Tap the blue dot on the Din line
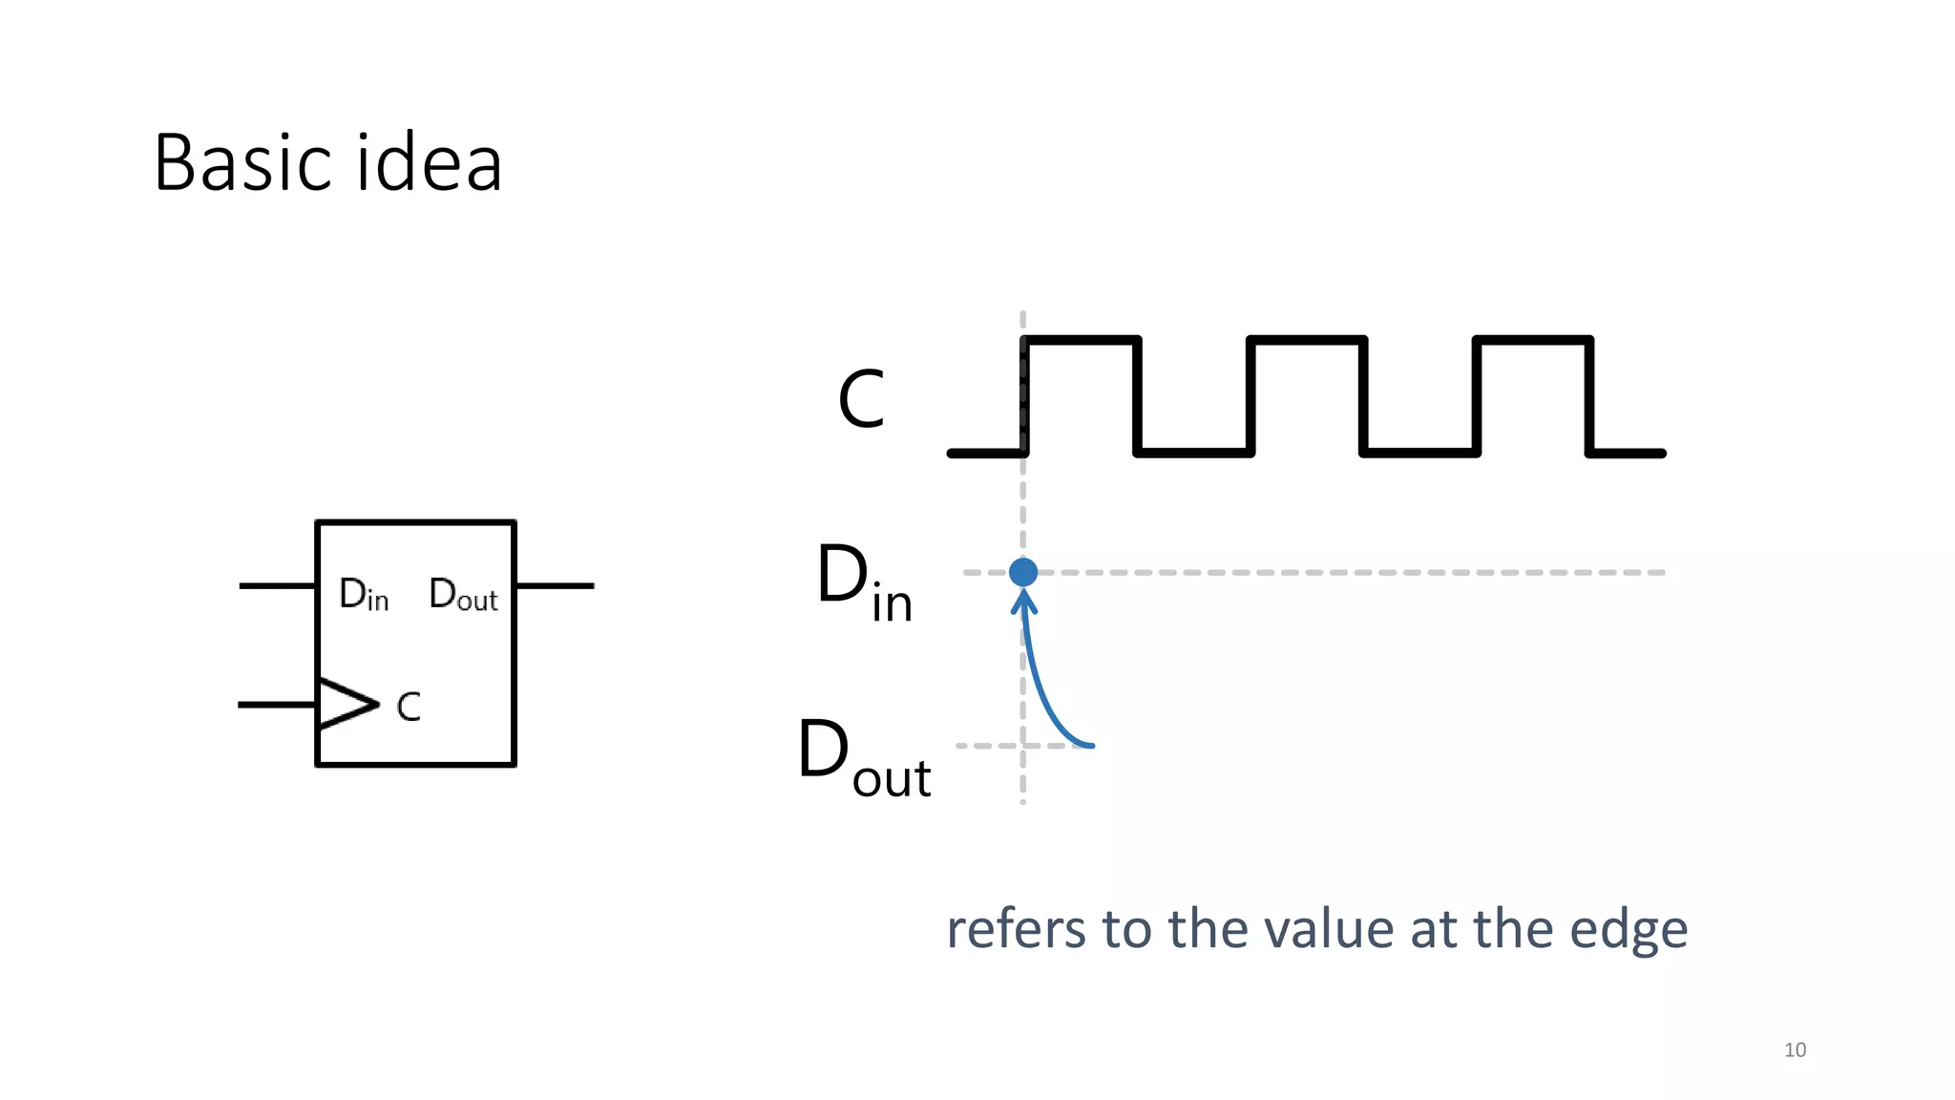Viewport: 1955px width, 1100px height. [1022, 572]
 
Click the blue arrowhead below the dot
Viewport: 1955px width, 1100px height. [1023, 602]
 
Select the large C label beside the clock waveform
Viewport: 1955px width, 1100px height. [861, 399]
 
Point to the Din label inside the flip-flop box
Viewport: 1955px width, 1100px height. [364, 595]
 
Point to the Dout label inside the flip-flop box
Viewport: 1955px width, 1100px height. [463, 595]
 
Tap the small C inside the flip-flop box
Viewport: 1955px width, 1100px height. [409, 708]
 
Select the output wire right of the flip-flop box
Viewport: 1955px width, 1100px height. [555, 585]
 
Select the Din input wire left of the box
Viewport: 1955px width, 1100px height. [277, 585]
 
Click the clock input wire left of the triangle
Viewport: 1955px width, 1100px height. [277, 705]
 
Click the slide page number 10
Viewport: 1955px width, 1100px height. [1795, 1050]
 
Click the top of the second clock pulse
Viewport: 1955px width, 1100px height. [1307, 340]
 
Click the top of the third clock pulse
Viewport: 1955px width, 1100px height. [1533, 340]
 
